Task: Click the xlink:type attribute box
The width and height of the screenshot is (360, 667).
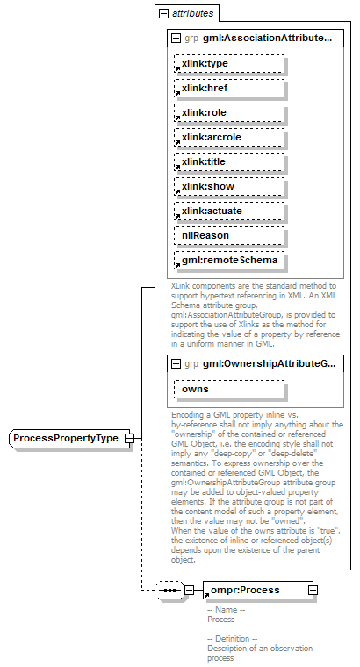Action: (227, 64)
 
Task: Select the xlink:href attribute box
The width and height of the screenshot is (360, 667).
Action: (227, 89)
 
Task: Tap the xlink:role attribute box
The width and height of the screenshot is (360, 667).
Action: (227, 113)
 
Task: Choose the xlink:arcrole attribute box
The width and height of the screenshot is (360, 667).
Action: (227, 138)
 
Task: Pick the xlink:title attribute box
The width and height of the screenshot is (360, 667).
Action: (227, 162)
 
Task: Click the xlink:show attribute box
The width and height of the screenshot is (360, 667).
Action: (227, 187)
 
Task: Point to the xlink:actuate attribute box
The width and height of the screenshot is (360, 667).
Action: (227, 212)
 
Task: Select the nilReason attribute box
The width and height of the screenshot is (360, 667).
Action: (227, 236)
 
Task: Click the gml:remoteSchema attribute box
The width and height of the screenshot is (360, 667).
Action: (227, 261)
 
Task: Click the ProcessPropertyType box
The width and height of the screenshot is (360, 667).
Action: (66, 438)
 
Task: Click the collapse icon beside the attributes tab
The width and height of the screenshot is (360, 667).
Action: (163, 14)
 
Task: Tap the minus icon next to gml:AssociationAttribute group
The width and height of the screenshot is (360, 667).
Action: (176, 39)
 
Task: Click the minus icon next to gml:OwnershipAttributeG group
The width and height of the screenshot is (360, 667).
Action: (176, 363)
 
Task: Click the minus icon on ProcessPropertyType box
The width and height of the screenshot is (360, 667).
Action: (129, 438)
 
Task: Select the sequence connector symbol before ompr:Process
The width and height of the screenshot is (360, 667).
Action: (168, 591)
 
